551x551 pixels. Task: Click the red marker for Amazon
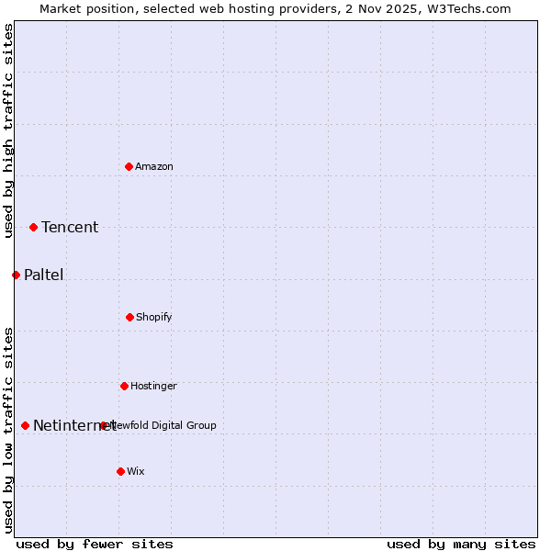pos(129,166)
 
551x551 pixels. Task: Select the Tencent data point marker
pos(33,227)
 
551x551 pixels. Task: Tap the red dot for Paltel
pos(16,275)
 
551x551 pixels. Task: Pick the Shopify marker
pos(129,317)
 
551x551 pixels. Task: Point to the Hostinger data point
pos(124,386)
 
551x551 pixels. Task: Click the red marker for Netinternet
pos(25,425)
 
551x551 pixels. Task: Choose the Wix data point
pos(120,471)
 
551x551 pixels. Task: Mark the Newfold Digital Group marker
pos(103,425)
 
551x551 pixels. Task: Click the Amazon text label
pos(154,166)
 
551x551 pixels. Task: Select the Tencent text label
pos(70,227)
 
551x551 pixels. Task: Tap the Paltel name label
pos(44,275)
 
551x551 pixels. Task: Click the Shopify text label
pos(154,317)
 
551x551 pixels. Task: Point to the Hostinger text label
pos(153,386)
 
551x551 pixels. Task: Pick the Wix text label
pos(136,471)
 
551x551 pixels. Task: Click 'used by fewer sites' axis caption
pos(95,544)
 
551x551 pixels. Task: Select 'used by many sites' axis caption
pos(461,544)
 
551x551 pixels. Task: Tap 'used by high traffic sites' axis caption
pos(8,130)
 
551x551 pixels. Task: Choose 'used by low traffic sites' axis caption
pos(8,430)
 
